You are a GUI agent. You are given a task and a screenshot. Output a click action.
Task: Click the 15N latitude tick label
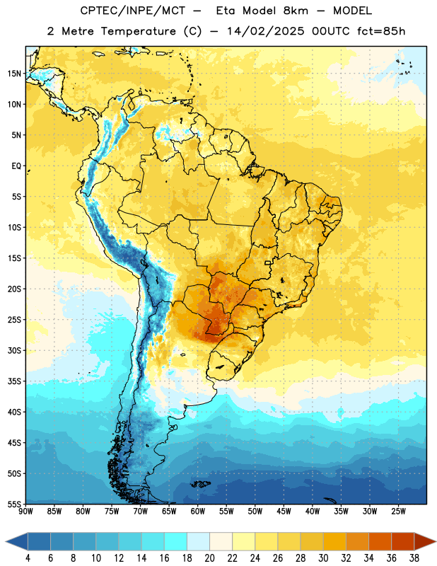(x=14, y=74)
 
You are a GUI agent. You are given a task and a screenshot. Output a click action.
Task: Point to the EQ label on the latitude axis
(x=16, y=166)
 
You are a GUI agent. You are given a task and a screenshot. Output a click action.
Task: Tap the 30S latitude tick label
(x=14, y=350)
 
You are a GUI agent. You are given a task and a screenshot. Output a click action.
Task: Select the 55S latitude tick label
(x=14, y=504)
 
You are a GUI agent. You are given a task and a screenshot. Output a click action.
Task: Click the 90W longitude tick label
(x=25, y=512)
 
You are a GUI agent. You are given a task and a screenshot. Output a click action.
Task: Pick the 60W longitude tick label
(x=198, y=512)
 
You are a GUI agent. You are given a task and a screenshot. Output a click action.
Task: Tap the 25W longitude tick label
(x=398, y=512)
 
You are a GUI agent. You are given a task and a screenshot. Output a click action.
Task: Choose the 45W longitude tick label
(x=284, y=512)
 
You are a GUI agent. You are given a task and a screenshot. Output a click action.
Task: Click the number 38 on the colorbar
(x=414, y=558)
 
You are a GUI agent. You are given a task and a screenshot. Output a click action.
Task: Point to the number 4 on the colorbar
(x=28, y=558)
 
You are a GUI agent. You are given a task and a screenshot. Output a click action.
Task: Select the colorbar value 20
(x=209, y=558)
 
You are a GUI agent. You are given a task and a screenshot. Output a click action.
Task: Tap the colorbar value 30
(x=323, y=558)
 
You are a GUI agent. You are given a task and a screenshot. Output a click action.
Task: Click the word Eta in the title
(x=226, y=11)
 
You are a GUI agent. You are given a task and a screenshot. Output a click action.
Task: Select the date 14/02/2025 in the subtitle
(x=266, y=31)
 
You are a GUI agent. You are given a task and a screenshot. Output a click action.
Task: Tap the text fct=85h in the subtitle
(x=381, y=31)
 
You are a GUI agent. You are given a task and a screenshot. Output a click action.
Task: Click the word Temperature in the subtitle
(x=138, y=31)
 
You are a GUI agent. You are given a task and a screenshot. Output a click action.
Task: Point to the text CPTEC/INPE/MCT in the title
(x=133, y=11)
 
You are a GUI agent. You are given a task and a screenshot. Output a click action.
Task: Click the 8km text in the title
(x=296, y=11)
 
